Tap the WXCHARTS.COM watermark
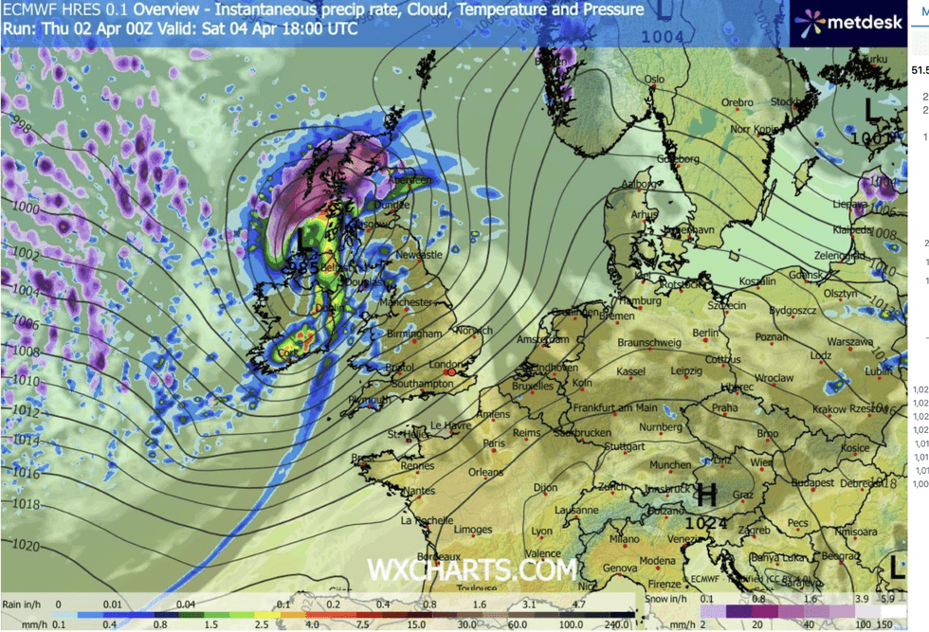coord(472,569)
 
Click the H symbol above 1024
coord(706,494)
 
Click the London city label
coord(445,364)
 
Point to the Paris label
coord(494,442)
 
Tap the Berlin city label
coord(705,334)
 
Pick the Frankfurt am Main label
coord(615,407)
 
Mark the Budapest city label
coord(812,481)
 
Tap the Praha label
coord(725,407)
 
